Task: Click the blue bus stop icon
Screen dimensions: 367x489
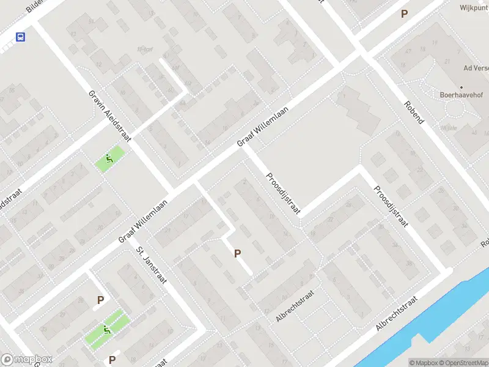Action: tap(20, 37)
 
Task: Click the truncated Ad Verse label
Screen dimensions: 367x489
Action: tap(476, 69)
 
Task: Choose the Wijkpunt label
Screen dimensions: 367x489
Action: tap(474, 8)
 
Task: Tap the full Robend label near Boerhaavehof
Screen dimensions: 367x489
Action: tap(414, 113)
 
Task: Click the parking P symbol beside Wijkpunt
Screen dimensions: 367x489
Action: tap(403, 13)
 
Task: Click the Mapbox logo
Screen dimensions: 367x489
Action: tap(26, 360)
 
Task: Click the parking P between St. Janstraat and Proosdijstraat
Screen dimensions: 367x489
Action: tap(238, 253)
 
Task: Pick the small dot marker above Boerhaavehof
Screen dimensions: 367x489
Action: tap(461, 87)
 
